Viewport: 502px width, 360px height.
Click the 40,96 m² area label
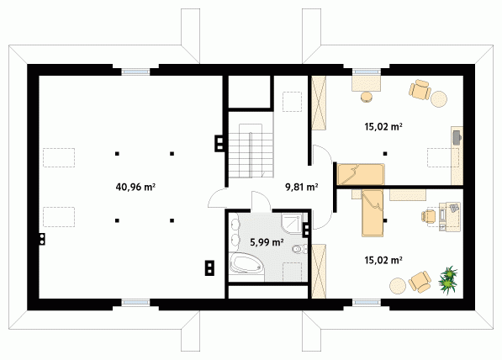click(x=135, y=187)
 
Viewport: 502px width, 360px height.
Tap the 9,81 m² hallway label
click(x=302, y=187)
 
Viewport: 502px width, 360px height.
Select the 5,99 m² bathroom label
click(x=267, y=242)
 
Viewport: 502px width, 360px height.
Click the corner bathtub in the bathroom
click(x=246, y=263)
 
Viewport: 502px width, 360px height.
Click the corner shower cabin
click(x=292, y=224)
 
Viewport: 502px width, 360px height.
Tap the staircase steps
click(x=251, y=151)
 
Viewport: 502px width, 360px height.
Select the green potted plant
click(x=448, y=278)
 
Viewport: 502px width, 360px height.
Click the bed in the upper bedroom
click(x=361, y=174)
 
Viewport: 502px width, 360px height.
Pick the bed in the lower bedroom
click(x=373, y=213)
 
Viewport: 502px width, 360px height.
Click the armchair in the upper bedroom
click(x=420, y=89)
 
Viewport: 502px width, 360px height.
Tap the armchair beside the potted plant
click(x=420, y=282)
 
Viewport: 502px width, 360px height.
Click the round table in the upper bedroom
click(x=439, y=99)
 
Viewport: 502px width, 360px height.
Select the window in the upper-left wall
click(x=135, y=71)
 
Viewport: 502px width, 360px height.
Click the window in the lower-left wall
click(x=135, y=302)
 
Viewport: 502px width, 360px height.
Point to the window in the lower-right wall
click(x=367, y=302)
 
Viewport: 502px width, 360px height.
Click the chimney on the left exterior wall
click(x=42, y=239)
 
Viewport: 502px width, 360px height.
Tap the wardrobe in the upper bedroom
click(x=319, y=103)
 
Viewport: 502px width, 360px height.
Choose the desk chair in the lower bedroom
click(x=428, y=216)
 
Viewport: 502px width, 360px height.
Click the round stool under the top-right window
click(x=367, y=97)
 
